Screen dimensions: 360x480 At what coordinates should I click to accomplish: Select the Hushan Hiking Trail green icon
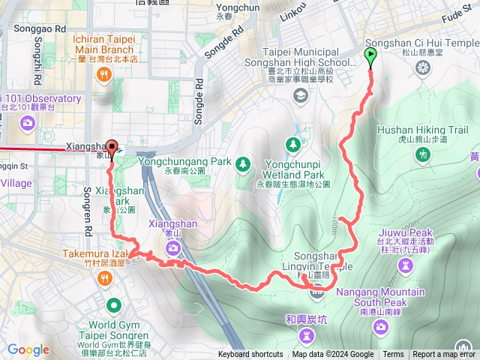pos(424,154)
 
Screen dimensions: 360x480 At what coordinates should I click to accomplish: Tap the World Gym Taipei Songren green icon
pos(113,304)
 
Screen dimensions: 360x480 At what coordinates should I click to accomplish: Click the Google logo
pos(28,349)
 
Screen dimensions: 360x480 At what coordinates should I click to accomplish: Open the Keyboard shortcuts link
pos(250,355)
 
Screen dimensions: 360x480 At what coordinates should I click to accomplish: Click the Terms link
pos(393,355)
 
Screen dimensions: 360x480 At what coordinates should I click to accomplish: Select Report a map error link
pos(445,355)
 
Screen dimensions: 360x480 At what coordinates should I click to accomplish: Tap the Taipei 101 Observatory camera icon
pos(28,121)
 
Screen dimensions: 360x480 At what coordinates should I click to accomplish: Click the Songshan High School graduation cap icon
pos(300,94)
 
